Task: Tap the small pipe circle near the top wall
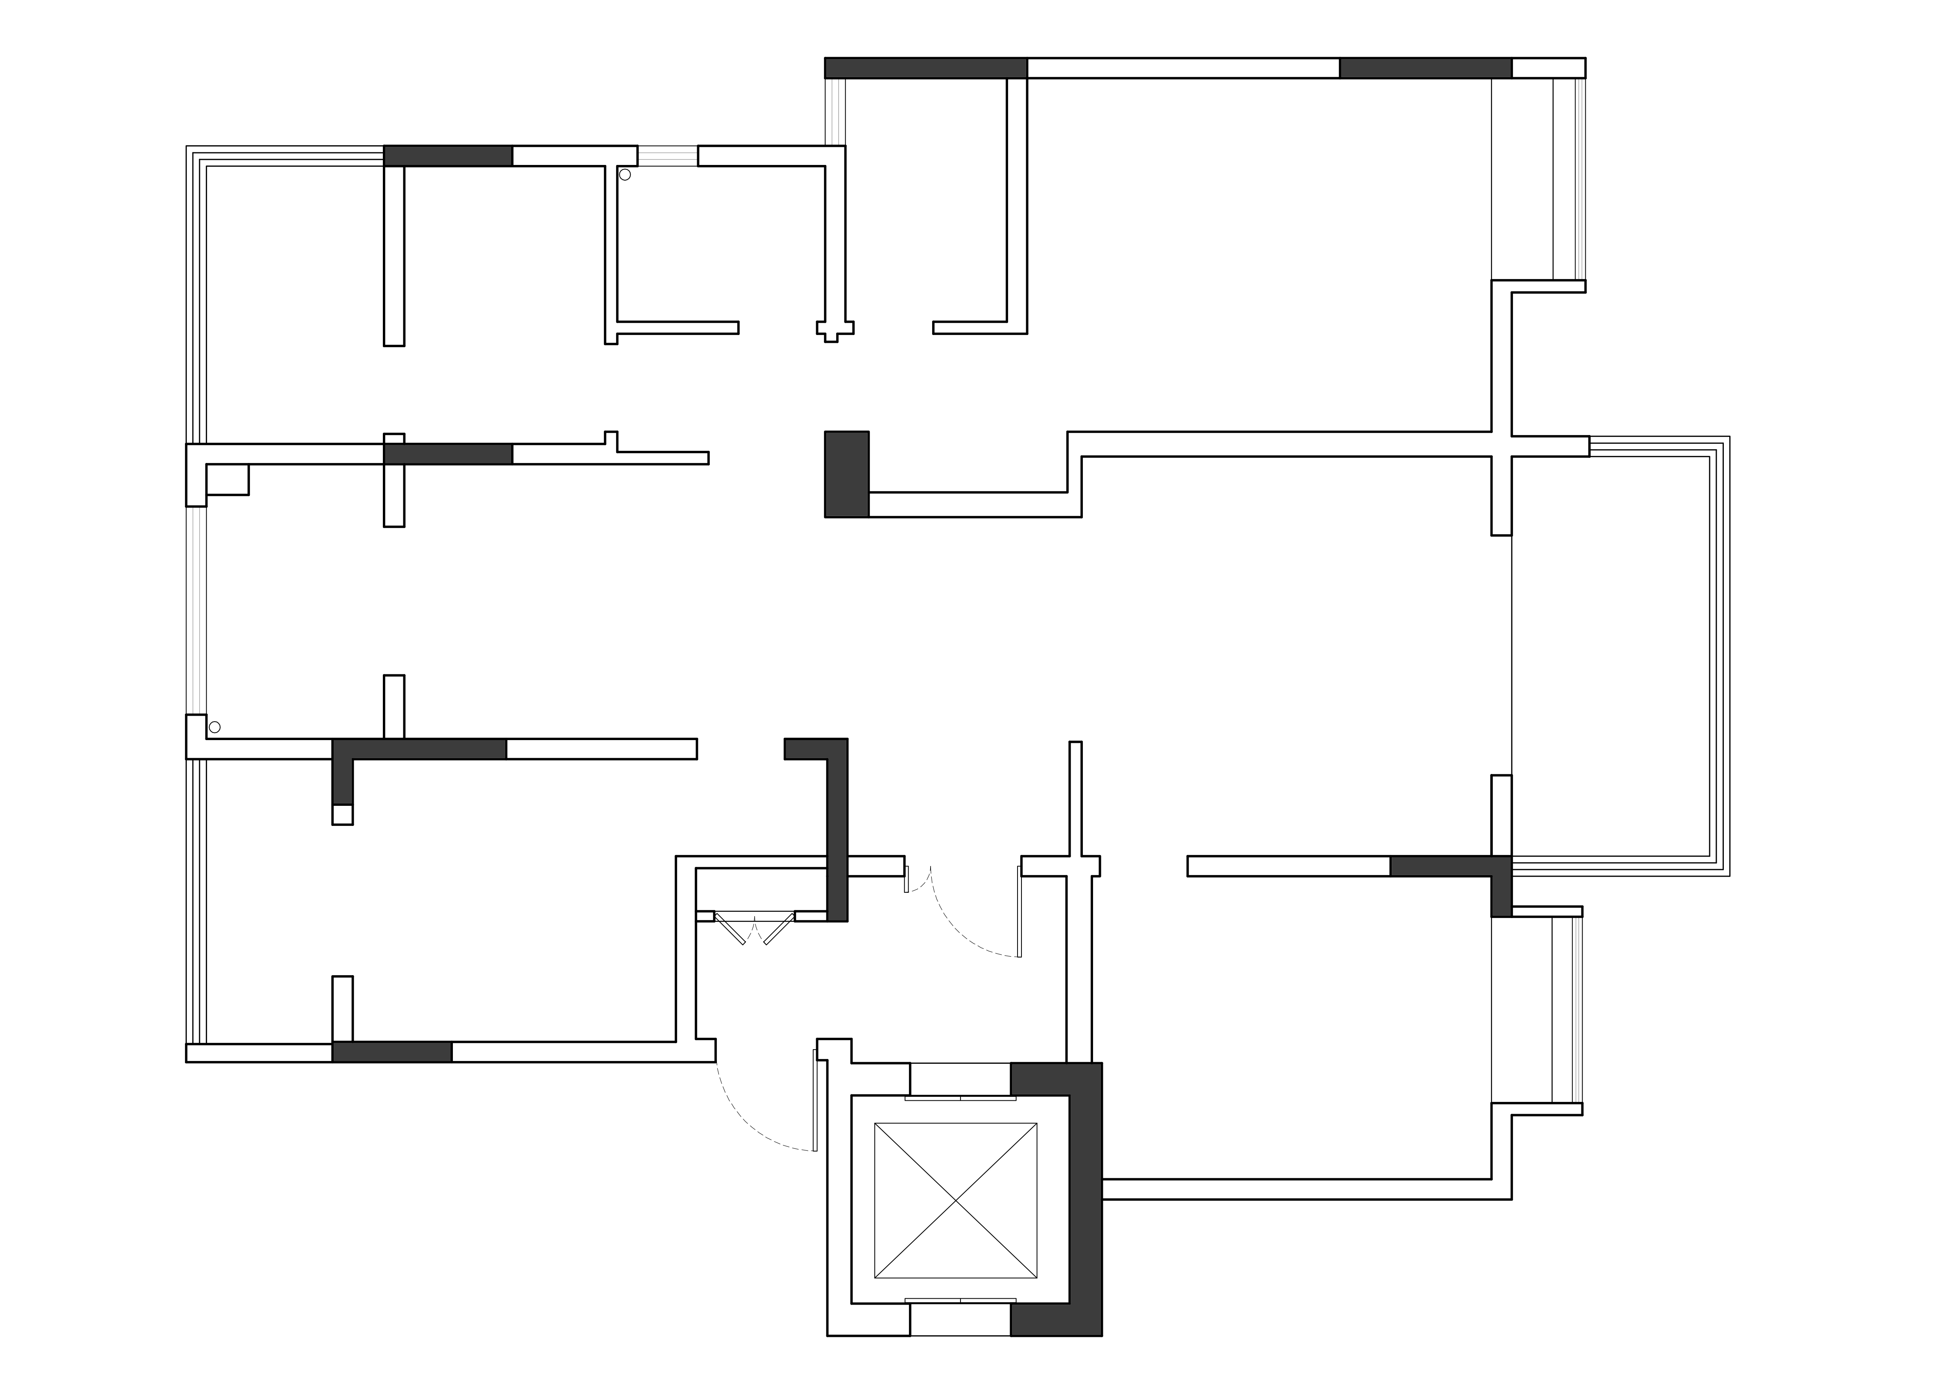tap(625, 175)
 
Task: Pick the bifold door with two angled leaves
tap(754, 927)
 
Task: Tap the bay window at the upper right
tap(1569, 179)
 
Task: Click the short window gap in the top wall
tap(667, 156)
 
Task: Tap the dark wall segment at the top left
tap(448, 156)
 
